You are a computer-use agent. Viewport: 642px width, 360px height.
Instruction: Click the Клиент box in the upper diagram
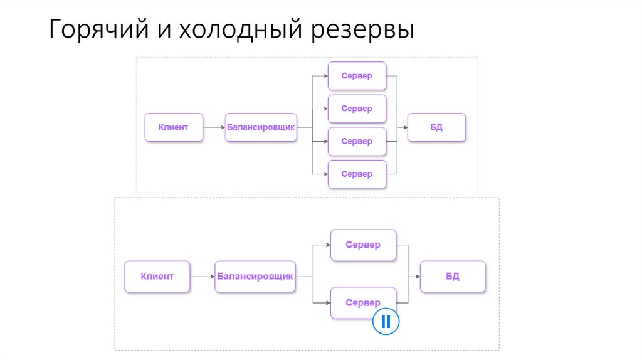click(x=174, y=127)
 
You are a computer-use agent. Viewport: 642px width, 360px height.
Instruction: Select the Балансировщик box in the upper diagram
click(x=261, y=127)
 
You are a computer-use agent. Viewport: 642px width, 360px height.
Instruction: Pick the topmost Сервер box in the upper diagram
click(x=357, y=76)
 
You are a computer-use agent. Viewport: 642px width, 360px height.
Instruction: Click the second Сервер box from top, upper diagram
click(x=357, y=109)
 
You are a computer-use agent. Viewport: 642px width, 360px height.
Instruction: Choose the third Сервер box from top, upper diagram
click(x=357, y=141)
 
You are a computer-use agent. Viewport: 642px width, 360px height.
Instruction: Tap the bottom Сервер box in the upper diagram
click(x=357, y=174)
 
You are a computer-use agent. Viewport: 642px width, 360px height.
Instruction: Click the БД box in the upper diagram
click(x=436, y=127)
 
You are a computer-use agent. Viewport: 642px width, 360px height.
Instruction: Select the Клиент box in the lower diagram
click(x=157, y=276)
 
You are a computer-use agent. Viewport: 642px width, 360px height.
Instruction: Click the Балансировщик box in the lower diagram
click(x=255, y=276)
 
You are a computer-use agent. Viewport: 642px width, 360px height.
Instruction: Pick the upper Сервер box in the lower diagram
click(x=363, y=245)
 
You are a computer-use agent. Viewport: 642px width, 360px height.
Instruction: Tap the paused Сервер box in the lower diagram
click(x=363, y=303)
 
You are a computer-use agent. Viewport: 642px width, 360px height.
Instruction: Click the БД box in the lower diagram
click(x=453, y=276)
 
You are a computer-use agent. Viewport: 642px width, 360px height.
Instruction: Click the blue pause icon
click(x=386, y=322)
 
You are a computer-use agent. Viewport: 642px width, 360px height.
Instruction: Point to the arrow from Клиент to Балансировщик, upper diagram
click(x=214, y=127)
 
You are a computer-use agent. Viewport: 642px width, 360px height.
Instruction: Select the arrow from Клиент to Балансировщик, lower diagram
click(x=202, y=276)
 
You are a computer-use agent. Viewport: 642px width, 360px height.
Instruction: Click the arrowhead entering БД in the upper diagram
click(x=404, y=127)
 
